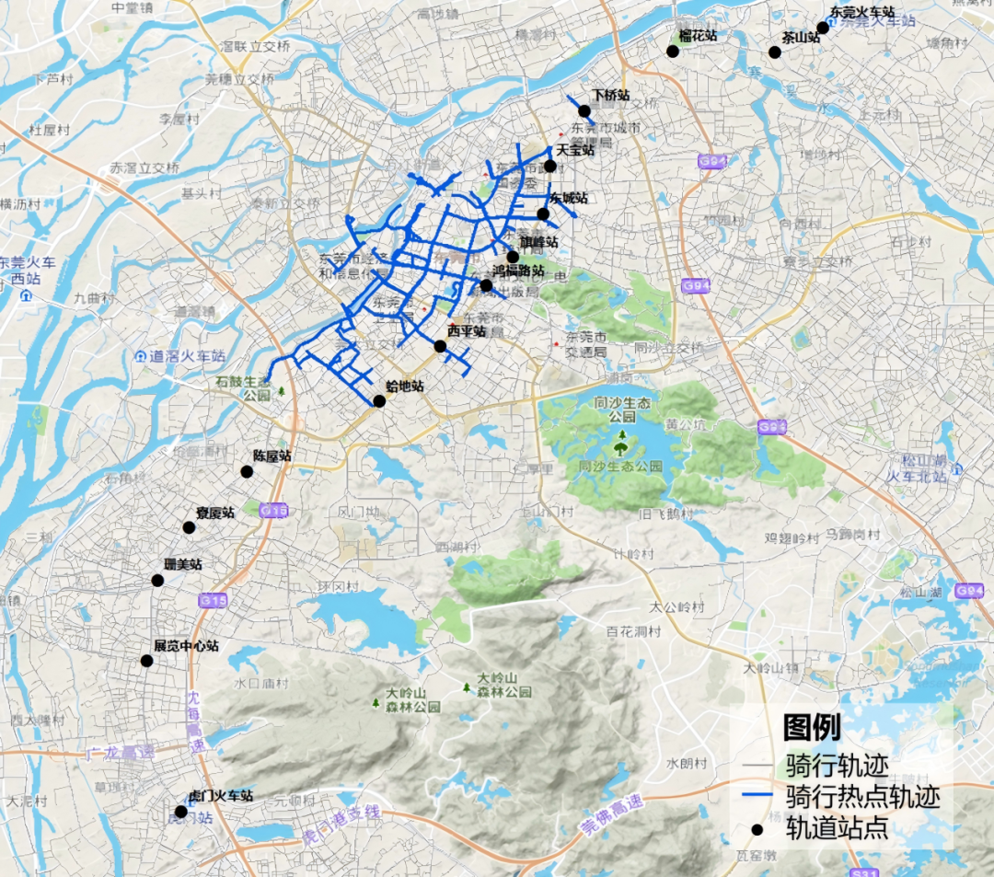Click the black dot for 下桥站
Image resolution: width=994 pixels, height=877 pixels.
pyautogui.click(x=584, y=111)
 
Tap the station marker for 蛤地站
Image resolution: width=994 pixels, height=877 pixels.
pyautogui.click(x=379, y=401)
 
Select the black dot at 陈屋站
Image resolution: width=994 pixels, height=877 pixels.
pyautogui.click(x=247, y=472)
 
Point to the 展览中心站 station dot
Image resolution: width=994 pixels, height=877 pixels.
pyautogui.click(x=146, y=661)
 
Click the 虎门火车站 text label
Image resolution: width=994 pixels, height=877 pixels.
pyautogui.click(x=220, y=796)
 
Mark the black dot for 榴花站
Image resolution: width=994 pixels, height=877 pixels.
pyautogui.click(x=673, y=52)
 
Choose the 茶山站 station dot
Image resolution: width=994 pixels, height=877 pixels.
pyautogui.click(x=775, y=52)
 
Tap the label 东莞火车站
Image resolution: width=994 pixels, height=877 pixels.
pyautogui.click(x=862, y=13)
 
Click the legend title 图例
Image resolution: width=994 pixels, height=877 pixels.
pyautogui.click(x=811, y=728)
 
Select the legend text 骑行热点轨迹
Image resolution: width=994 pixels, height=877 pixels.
pyautogui.click(x=862, y=796)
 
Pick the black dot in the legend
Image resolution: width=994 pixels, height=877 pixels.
pyautogui.click(x=757, y=829)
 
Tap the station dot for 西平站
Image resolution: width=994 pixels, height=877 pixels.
pyautogui.click(x=440, y=346)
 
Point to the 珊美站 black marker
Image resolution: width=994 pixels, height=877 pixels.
pyautogui.click(x=157, y=581)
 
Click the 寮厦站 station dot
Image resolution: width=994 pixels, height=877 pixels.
pyautogui.click(x=189, y=527)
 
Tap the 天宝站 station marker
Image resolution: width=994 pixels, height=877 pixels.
pyautogui.click(x=549, y=166)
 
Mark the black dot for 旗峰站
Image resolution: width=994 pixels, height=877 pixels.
pyautogui.click(x=513, y=257)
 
